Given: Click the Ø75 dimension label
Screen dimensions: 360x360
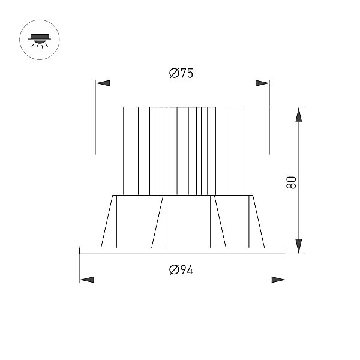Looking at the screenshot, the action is point(181,73).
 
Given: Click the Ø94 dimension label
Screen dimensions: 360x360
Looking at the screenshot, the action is point(181,270).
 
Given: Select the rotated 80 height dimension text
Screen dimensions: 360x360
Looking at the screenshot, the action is point(291,183).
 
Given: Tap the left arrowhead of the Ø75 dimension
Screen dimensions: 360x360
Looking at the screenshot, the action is point(103,83).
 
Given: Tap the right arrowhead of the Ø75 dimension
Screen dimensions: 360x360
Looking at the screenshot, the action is point(262,83).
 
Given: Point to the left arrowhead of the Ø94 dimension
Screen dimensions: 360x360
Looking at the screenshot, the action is point(87,280).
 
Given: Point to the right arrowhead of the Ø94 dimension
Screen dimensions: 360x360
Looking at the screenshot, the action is point(279,280).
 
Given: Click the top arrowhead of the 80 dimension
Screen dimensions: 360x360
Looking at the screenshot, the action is point(298,115).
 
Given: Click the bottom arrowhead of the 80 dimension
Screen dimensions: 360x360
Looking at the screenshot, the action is point(298,247).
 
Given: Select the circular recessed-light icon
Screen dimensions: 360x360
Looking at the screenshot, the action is point(40,40).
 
